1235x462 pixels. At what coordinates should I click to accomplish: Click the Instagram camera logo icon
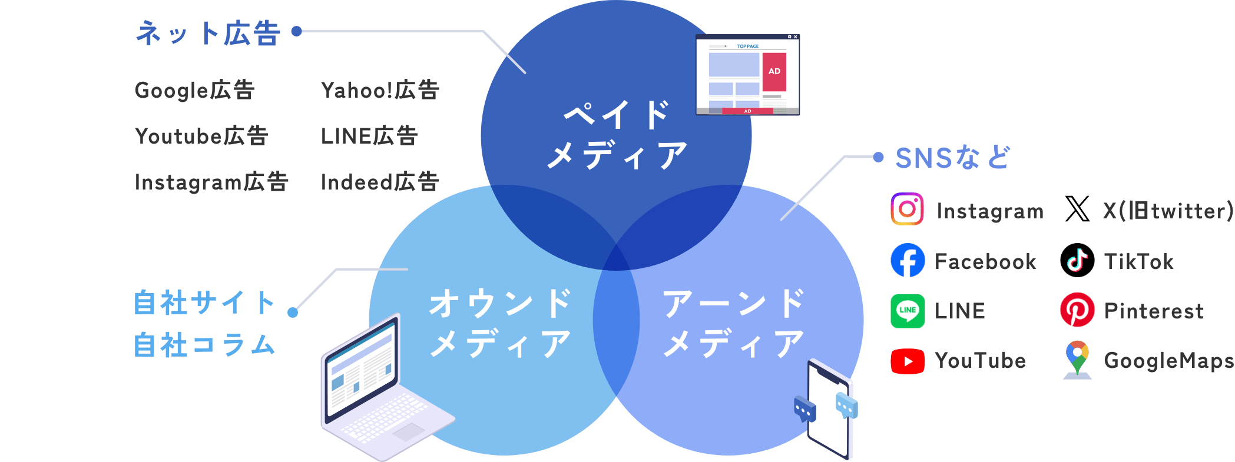pos(907,209)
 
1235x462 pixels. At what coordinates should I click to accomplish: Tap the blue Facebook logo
pos(908,260)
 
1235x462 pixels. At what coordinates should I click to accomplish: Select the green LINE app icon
pos(908,310)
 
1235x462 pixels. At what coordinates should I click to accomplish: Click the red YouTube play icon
pos(908,361)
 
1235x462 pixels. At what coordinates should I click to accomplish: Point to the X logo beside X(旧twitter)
pos(1077,210)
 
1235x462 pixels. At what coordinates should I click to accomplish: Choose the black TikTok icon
pos(1077,260)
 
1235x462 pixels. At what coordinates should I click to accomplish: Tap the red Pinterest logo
pos(1077,310)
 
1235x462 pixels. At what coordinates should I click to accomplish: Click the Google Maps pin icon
pos(1077,359)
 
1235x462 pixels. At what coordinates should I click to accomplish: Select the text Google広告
pos(194,90)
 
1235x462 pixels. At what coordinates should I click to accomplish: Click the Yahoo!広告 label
pos(380,90)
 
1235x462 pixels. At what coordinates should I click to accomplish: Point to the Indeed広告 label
pos(380,182)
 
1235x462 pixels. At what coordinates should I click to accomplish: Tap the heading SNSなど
pos(952,158)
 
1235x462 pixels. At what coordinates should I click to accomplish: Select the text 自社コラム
pos(204,345)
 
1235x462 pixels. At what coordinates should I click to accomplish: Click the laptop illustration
pos(377,394)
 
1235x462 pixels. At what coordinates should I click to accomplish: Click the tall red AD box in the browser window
pos(774,72)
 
